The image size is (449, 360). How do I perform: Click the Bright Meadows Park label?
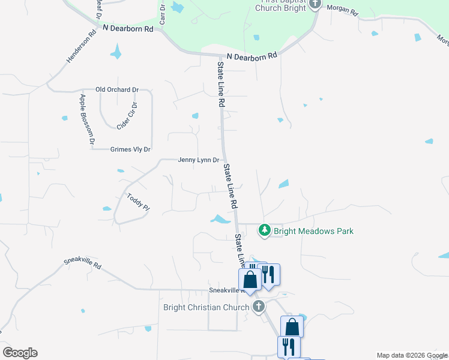tap(313, 231)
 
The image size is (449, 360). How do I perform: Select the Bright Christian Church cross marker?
tap(259, 307)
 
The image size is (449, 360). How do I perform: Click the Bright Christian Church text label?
tap(206, 308)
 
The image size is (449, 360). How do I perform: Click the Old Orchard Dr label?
tap(117, 90)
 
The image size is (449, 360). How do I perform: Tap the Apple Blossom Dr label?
tap(88, 119)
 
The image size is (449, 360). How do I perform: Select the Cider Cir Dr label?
tap(127, 115)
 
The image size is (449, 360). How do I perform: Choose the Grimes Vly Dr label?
tap(130, 149)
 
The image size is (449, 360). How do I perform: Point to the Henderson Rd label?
tap(81, 48)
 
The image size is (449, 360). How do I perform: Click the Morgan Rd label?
tap(343, 11)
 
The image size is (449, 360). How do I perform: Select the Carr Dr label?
tap(163, 16)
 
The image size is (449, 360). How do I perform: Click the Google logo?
tap(20, 353)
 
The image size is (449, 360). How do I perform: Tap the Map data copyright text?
tap(412, 355)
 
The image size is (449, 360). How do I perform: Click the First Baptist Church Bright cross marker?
tap(316, 4)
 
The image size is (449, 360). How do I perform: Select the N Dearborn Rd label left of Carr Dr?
tap(128, 28)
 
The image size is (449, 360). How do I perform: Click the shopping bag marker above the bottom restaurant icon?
tap(292, 326)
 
